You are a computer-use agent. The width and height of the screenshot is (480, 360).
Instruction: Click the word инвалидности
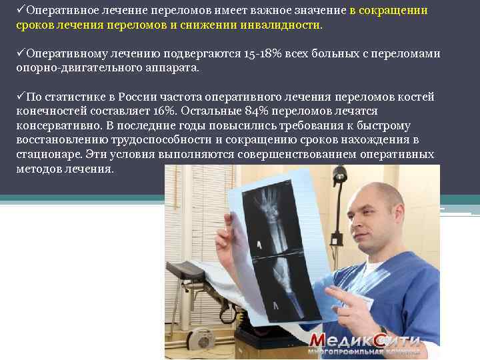[282, 25]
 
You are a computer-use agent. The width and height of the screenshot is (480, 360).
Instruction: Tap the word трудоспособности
[156, 139]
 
